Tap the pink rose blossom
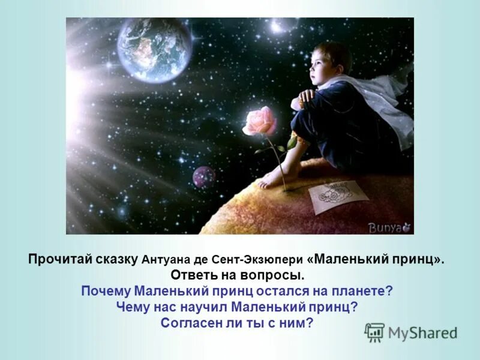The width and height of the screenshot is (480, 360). point(260,122)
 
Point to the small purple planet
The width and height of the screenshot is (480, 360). point(203,177)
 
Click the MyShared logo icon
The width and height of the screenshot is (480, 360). point(374,332)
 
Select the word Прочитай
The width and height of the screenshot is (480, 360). point(55,260)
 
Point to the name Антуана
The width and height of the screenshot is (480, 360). point(163,261)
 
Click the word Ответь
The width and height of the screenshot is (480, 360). point(194,276)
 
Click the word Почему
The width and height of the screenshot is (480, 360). point(106,292)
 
